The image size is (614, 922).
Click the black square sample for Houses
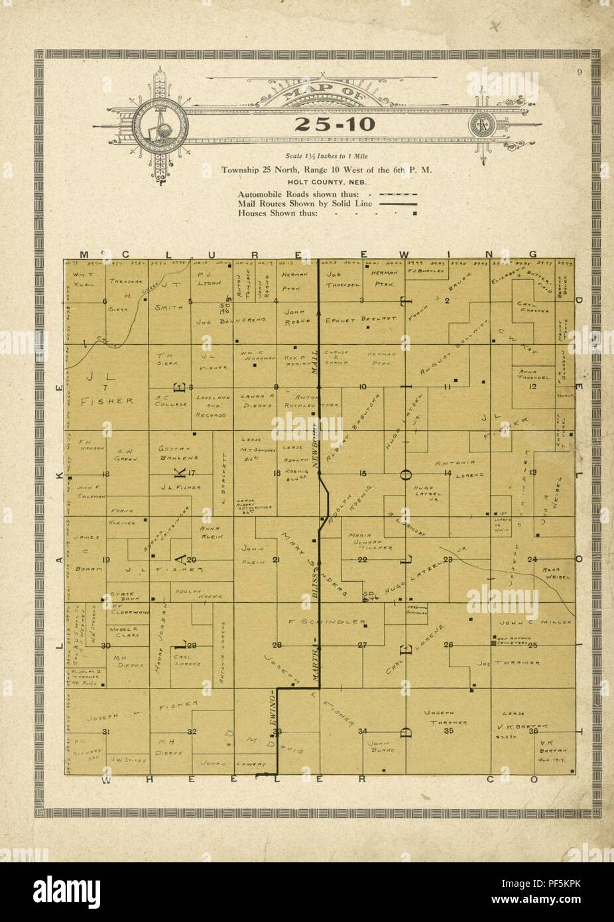click(414, 214)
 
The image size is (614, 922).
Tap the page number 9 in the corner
click(579, 74)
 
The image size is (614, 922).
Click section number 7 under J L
click(105, 387)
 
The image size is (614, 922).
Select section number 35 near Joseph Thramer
click(448, 731)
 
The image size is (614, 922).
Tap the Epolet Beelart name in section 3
click(359, 318)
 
